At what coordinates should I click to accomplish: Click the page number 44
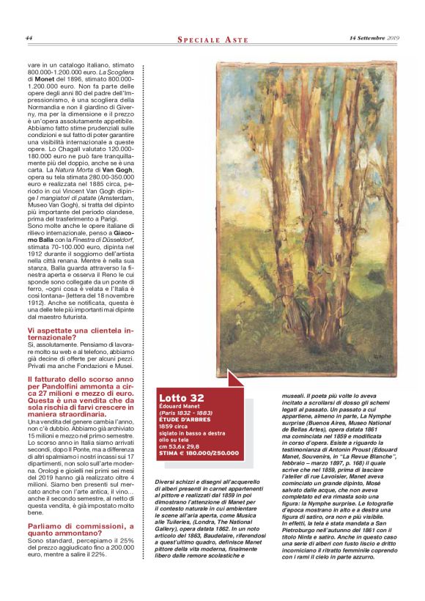click(29, 38)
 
